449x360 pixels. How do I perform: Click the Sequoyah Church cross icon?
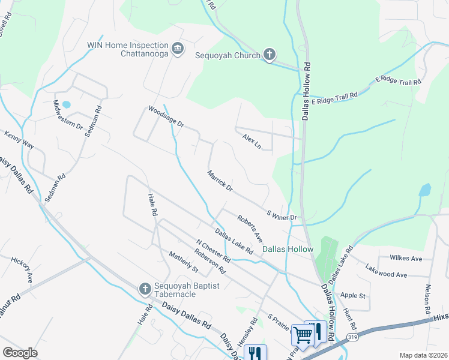coord(270,55)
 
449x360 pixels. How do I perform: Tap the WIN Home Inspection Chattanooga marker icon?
coord(178,49)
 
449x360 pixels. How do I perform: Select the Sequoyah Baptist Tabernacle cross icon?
coord(145,290)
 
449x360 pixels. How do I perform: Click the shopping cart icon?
coord(303,335)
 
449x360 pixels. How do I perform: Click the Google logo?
coord(20,353)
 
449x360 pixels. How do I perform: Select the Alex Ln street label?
coord(252,142)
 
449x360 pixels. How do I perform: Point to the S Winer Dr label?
coord(282,214)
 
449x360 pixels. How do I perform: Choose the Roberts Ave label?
coord(249,228)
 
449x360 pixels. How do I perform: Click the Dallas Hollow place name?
coord(288,249)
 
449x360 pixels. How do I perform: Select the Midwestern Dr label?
coord(68,114)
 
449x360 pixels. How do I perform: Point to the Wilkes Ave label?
coord(406,259)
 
